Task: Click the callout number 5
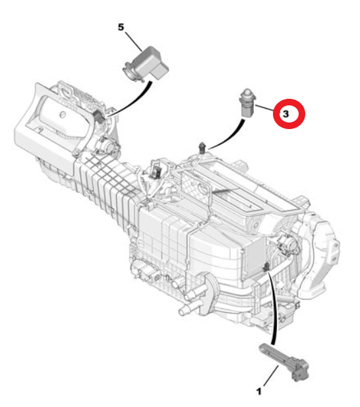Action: pos(121,27)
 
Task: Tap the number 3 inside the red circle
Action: pos(285,114)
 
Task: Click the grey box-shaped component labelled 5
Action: pos(146,64)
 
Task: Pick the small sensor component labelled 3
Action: pos(247,103)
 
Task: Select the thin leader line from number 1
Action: pos(271,375)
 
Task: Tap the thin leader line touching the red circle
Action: pos(264,108)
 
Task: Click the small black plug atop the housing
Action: pos(202,147)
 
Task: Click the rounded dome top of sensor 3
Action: pos(247,93)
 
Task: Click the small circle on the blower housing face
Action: pos(62,115)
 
